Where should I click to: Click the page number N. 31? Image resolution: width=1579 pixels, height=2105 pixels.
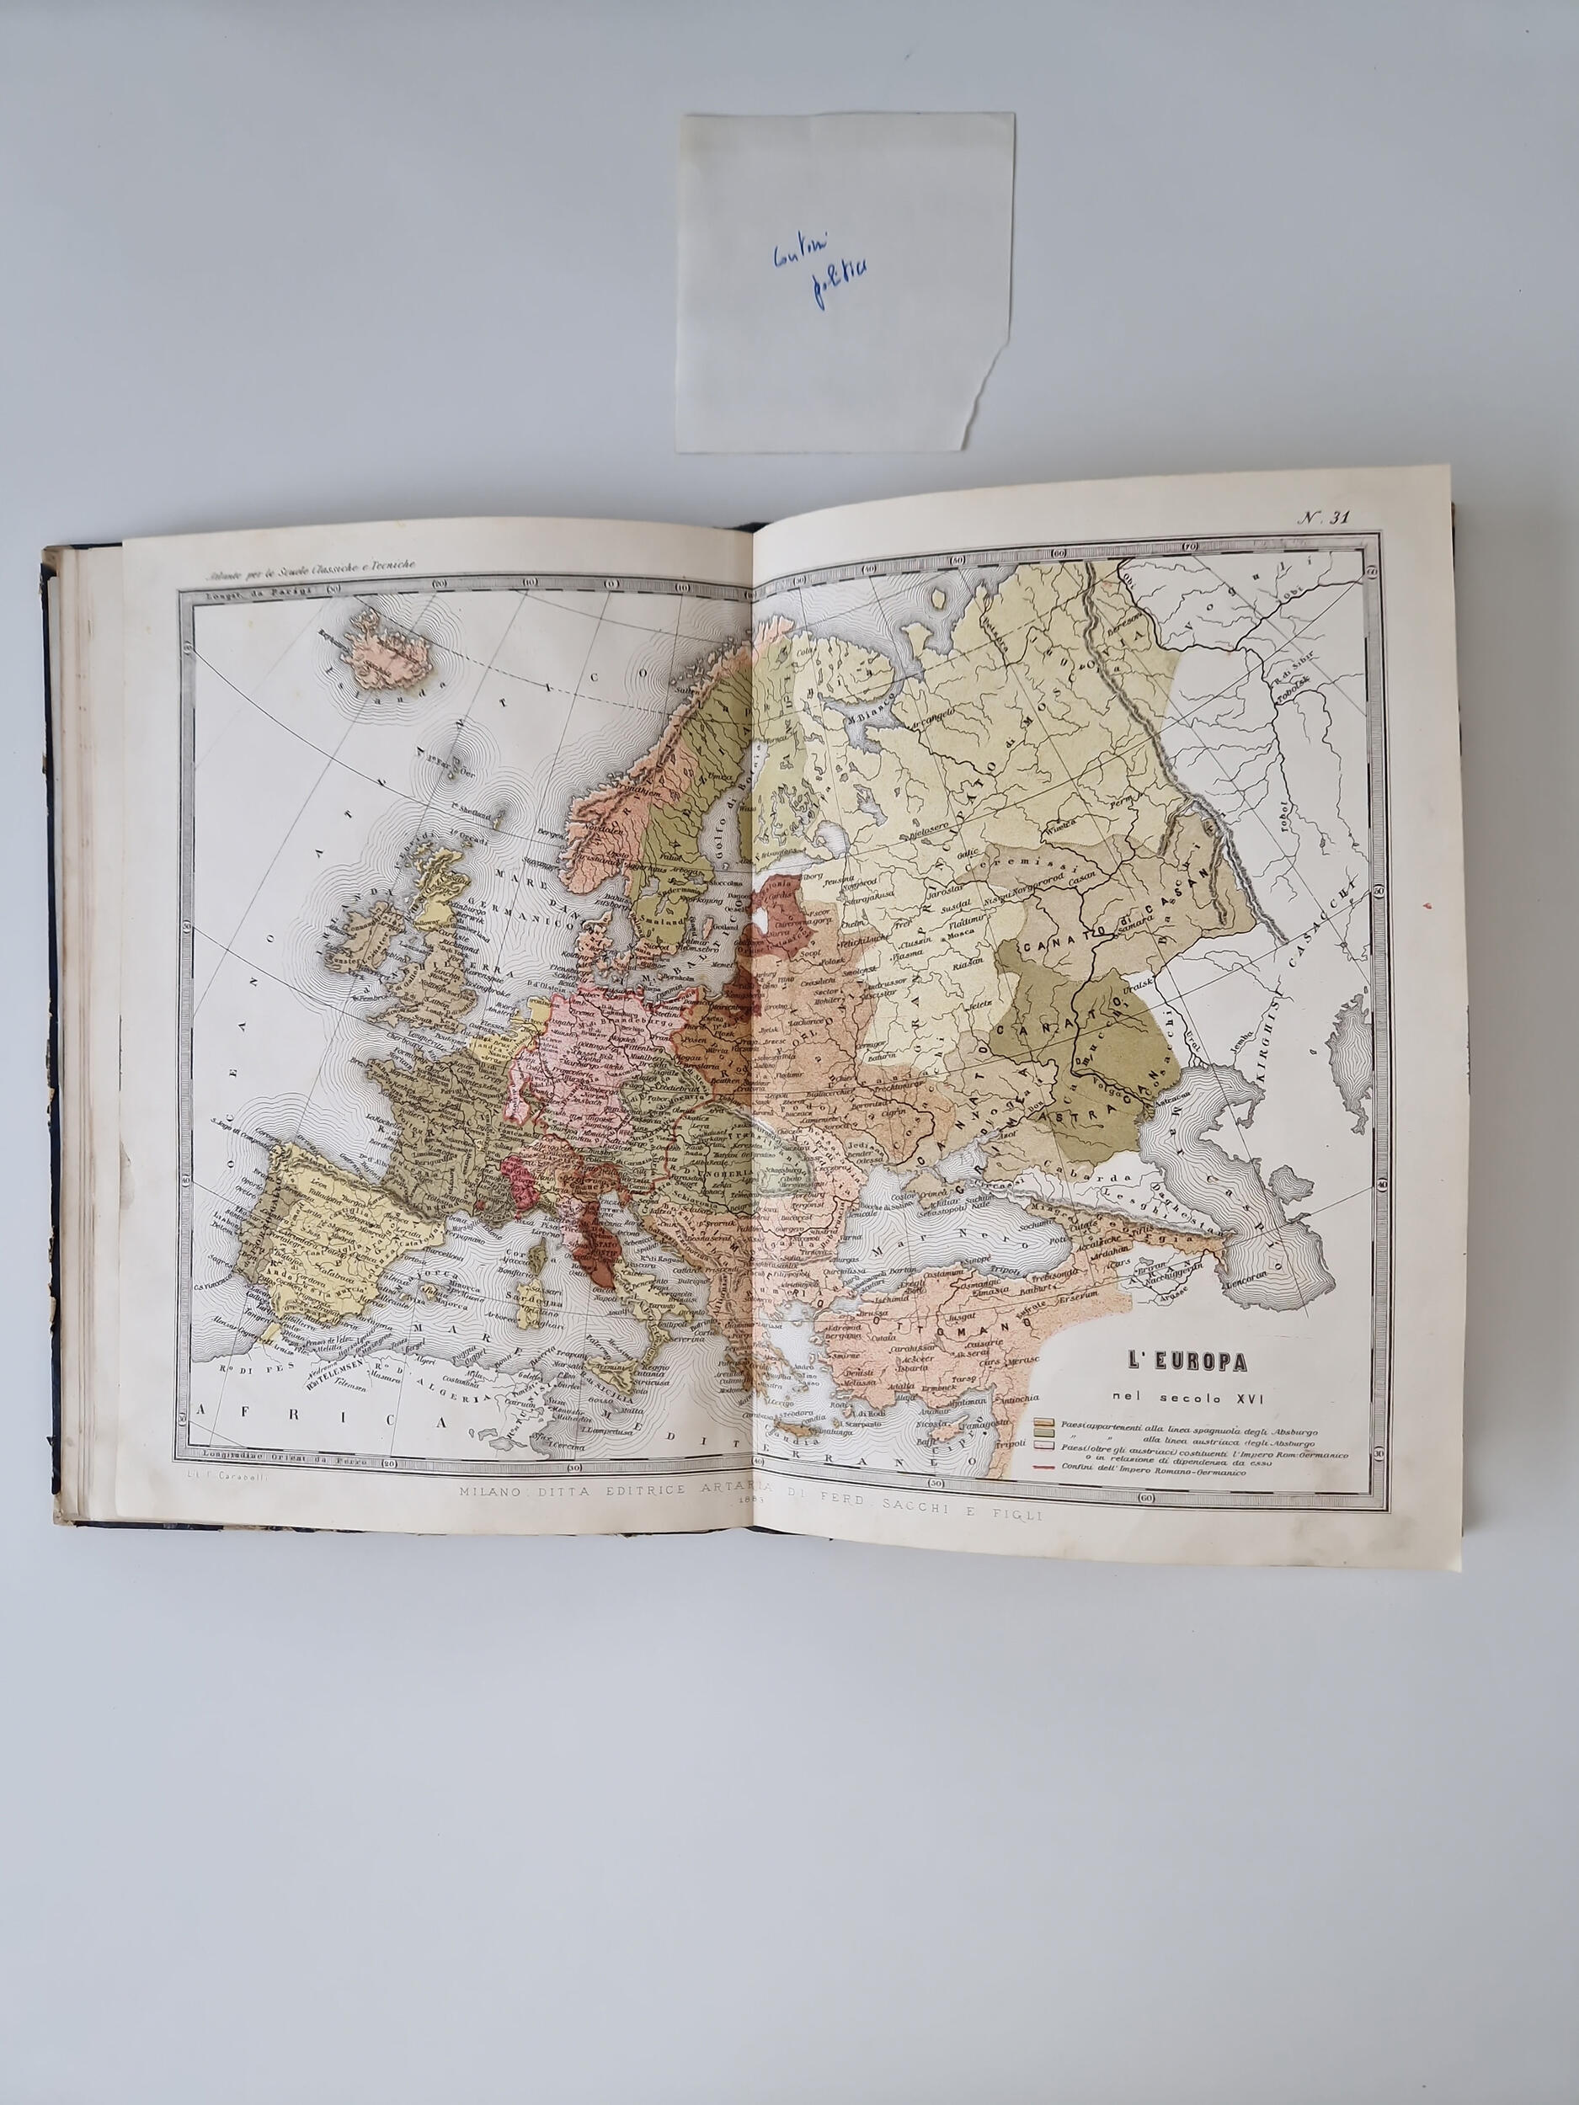click(x=1324, y=518)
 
